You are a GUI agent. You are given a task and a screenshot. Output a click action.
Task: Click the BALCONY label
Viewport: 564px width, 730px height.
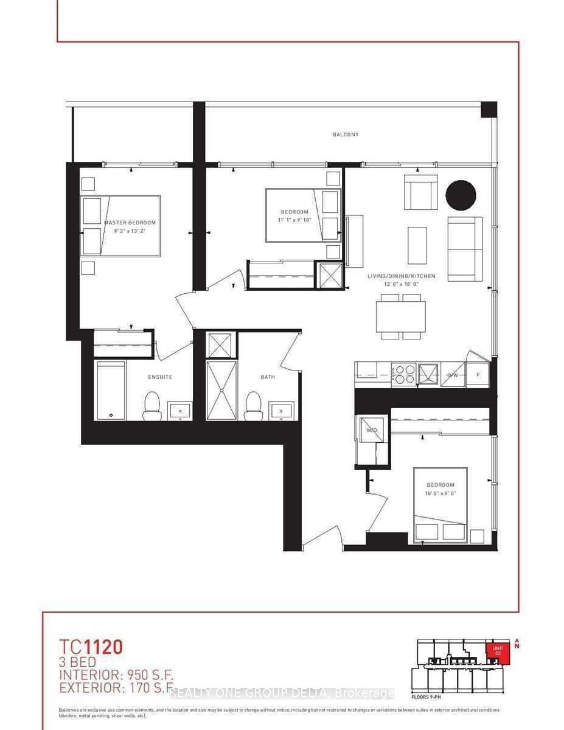click(x=345, y=134)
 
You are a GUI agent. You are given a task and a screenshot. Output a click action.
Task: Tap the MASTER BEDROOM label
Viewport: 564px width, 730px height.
click(x=130, y=223)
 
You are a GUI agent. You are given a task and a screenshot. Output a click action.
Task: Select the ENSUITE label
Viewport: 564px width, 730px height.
click(x=160, y=377)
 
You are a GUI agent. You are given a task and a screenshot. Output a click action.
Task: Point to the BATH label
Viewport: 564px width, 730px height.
click(x=268, y=377)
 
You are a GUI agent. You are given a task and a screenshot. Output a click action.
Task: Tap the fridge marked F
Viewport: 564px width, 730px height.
click(x=478, y=375)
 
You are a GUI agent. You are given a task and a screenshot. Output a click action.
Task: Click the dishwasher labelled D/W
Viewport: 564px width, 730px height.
click(x=453, y=375)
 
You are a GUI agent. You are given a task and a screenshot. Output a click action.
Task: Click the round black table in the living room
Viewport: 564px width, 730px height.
click(x=461, y=195)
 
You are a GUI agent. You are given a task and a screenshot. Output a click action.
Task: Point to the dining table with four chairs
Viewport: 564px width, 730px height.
click(x=400, y=317)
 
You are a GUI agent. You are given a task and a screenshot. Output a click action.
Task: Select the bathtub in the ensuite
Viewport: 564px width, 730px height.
click(x=111, y=391)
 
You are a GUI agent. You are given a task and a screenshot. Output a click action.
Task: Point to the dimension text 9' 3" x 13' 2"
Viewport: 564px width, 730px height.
click(x=130, y=231)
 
